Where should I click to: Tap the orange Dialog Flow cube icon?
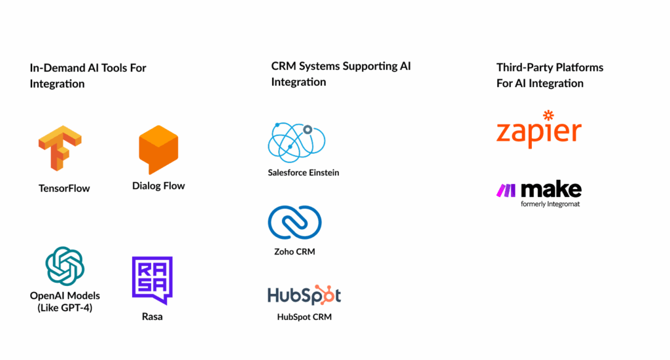click(x=158, y=150)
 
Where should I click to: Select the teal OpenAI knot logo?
click(x=65, y=266)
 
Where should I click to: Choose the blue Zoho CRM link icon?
click(x=294, y=223)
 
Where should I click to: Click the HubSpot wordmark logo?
click(x=304, y=295)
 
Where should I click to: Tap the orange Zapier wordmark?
click(x=538, y=132)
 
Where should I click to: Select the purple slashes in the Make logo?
click(x=506, y=190)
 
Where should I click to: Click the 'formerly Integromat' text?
click(x=550, y=204)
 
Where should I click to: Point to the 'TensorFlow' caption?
click(x=64, y=189)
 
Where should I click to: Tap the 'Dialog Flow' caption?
click(x=158, y=186)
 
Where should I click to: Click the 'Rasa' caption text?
click(x=152, y=317)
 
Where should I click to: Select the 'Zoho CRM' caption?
click(x=294, y=251)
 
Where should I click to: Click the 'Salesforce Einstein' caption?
click(x=303, y=173)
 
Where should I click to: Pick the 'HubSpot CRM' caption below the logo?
click(x=304, y=317)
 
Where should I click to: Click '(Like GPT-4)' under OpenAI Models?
click(x=65, y=308)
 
